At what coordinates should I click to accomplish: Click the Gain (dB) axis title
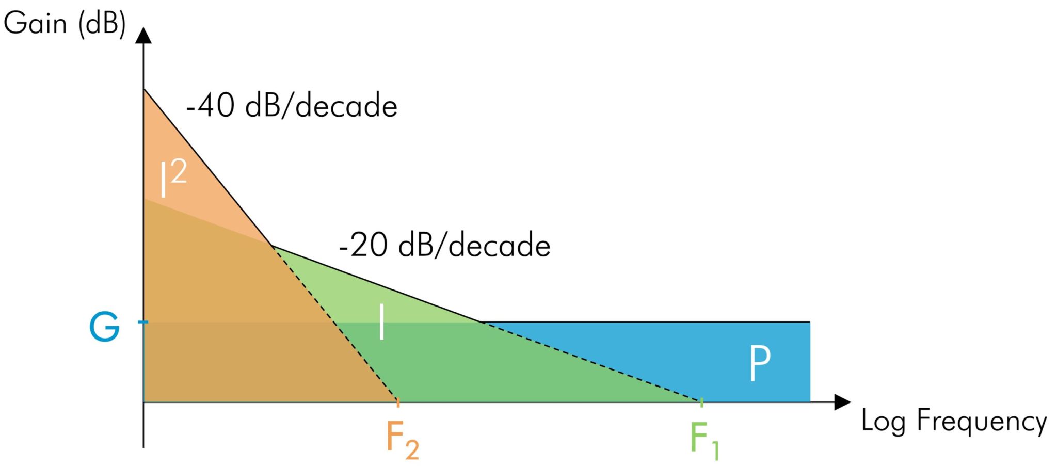[65, 24]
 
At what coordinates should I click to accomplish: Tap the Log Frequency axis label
[954, 421]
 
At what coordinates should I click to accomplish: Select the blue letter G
[105, 327]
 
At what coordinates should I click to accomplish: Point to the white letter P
[760, 363]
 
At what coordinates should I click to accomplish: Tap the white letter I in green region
[381, 321]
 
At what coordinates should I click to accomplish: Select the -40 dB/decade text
[292, 106]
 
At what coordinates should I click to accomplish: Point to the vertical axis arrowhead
[143, 35]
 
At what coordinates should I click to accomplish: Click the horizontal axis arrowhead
[842, 402]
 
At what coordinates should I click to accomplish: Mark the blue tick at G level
[143, 322]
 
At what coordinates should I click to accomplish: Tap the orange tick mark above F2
[398, 403]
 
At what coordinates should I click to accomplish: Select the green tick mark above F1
[702, 403]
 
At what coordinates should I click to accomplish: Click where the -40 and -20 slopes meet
[272, 246]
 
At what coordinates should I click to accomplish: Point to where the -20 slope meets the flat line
[482, 322]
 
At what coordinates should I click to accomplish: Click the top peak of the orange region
[144, 89]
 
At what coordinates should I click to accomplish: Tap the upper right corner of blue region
[810, 323]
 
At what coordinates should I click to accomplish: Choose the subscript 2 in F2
[412, 449]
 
